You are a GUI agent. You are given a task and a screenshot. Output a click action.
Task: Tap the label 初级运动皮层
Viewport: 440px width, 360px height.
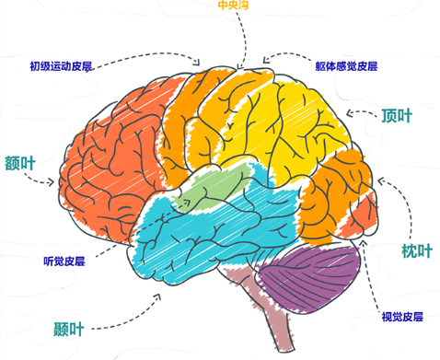(x=61, y=66)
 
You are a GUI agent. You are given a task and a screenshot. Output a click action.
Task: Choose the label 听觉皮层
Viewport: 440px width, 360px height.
(x=64, y=260)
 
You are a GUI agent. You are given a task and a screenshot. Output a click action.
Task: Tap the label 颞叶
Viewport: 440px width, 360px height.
(x=69, y=326)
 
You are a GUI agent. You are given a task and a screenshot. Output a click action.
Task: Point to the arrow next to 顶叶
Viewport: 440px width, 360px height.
(x=362, y=114)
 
